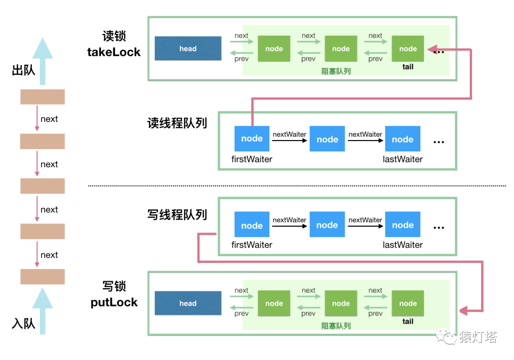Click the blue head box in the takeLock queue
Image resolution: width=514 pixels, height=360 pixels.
point(188,49)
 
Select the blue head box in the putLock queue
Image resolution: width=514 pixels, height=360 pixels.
point(188,303)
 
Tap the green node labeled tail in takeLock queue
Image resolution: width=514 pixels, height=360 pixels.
point(408,49)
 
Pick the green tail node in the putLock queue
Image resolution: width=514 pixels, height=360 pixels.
point(408,303)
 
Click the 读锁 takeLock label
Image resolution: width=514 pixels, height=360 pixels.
point(114,44)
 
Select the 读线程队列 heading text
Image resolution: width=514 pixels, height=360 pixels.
point(177,123)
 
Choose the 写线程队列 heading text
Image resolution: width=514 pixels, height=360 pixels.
point(177,215)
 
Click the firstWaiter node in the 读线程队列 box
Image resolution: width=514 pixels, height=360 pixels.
point(252,139)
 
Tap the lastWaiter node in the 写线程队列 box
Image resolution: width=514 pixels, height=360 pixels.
point(403,225)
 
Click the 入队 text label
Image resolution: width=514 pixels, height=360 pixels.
point(23,324)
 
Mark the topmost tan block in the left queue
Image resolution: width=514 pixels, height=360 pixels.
point(42,97)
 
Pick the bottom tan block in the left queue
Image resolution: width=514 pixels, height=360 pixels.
point(42,277)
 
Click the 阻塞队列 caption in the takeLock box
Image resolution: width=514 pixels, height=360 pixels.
point(336,71)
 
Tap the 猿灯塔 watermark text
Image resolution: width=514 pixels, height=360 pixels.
point(478,338)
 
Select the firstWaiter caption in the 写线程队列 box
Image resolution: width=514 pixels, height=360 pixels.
point(252,245)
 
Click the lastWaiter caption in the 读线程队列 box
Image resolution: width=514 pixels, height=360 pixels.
point(403,159)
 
